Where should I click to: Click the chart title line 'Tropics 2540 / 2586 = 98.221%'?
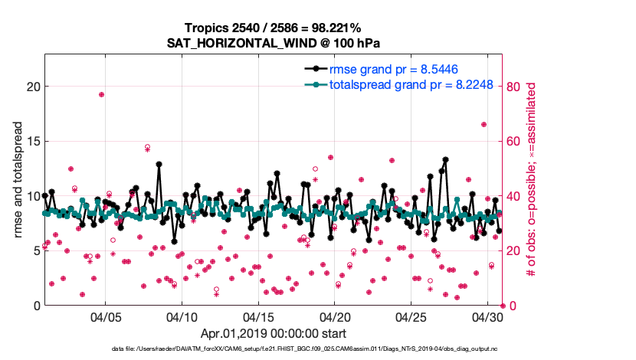tap(274, 28)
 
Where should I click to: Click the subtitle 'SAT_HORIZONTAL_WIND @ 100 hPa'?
tap(274, 43)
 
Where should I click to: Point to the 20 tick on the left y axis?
tap(32, 86)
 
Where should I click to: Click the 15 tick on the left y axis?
tap(32, 141)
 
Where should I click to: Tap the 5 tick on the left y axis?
tap(35, 250)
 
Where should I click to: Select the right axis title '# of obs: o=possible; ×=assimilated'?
tap(530, 181)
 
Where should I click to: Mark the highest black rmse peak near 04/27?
tap(445, 160)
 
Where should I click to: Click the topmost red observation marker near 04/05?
tap(101, 94)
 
